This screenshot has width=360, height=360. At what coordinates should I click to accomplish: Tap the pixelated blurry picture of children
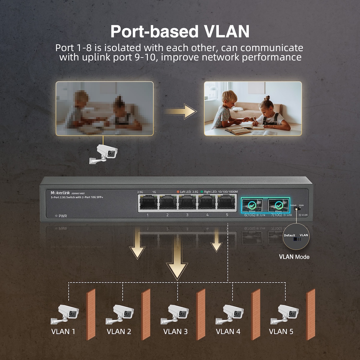click(x=104, y=108)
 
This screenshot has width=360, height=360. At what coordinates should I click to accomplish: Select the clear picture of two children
click(x=253, y=108)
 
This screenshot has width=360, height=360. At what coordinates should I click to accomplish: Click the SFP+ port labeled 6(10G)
click(x=252, y=205)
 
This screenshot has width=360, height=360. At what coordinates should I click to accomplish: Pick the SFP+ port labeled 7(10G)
click(x=278, y=205)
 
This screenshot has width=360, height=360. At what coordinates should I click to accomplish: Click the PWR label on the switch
click(x=62, y=216)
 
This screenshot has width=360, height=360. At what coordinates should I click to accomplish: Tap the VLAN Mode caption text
click(x=294, y=257)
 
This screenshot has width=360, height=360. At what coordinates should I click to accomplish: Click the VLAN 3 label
click(x=175, y=331)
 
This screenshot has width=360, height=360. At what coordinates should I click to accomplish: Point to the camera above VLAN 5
click(x=285, y=313)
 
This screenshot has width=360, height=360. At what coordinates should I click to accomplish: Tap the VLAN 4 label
click(x=228, y=331)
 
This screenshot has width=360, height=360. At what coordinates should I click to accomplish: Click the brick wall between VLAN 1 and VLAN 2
click(x=91, y=314)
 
